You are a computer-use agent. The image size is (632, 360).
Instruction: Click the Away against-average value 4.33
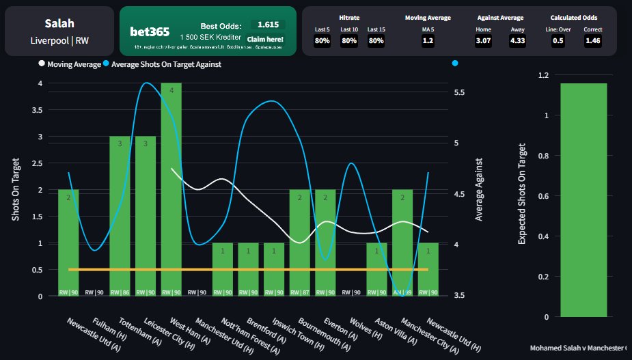click(518, 41)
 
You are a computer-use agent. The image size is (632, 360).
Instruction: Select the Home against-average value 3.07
click(484, 41)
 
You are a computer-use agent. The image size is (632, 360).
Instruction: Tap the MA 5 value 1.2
click(428, 41)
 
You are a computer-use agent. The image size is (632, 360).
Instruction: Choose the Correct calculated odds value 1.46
click(593, 41)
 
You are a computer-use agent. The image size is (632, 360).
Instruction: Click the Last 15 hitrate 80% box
click(376, 41)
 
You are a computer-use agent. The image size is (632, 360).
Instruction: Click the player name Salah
click(59, 24)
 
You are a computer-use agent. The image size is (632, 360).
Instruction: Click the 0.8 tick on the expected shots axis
click(544, 156)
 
